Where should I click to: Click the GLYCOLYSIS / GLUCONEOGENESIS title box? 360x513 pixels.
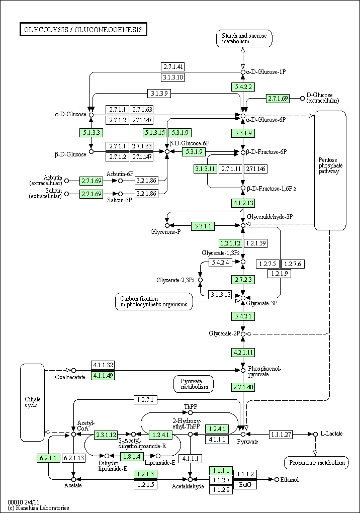(83, 30)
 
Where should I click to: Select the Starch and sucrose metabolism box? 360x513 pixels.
(244, 39)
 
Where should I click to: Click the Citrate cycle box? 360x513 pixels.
(32, 402)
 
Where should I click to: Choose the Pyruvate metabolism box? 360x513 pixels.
(194, 384)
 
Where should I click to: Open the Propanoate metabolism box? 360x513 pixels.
(316, 463)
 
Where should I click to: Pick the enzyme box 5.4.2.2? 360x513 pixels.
(242, 87)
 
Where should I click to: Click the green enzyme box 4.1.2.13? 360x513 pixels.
(243, 203)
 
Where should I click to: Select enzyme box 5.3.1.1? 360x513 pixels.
(203, 226)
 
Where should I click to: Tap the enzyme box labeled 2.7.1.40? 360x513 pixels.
(243, 387)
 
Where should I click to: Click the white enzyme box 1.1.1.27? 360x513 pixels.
(281, 434)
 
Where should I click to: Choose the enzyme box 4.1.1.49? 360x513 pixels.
(103, 375)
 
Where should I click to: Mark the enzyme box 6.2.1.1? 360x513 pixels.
(48, 458)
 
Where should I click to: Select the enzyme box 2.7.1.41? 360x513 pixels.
(172, 67)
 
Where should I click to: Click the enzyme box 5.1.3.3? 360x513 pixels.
(91, 133)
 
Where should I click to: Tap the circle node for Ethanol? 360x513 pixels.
(277, 480)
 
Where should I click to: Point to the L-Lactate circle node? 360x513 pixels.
(315, 434)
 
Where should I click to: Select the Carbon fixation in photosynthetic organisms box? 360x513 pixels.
(153, 302)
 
